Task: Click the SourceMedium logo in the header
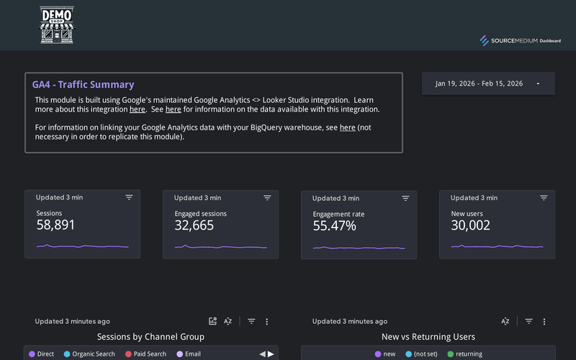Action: click(x=520, y=41)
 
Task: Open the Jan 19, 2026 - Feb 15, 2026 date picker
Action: click(x=488, y=84)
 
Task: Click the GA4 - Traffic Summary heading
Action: click(x=83, y=85)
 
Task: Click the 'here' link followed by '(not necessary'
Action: click(x=347, y=127)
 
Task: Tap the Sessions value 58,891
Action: click(x=55, y=225)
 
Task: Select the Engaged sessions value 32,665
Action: click(x=194, y=225)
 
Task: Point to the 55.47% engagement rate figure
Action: click(x=334, y=226)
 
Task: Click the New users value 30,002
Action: click(x=470, y=225)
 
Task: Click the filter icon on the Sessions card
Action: click(x=129, y=197)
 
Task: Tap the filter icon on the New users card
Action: click(x=544, y=197)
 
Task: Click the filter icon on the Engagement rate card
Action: click(x=405, y=197)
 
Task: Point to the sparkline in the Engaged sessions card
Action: click(x=220, y=247)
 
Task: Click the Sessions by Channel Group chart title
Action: click(x=150, y=337)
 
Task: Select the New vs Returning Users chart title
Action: click(x=428, y=337)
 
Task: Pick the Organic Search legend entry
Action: click(x=89, y=354)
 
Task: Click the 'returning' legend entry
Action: click(x=464, y=354)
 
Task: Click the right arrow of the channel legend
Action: click(x=271, y=354)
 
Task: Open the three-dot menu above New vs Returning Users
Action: click(x=544, y=321)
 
